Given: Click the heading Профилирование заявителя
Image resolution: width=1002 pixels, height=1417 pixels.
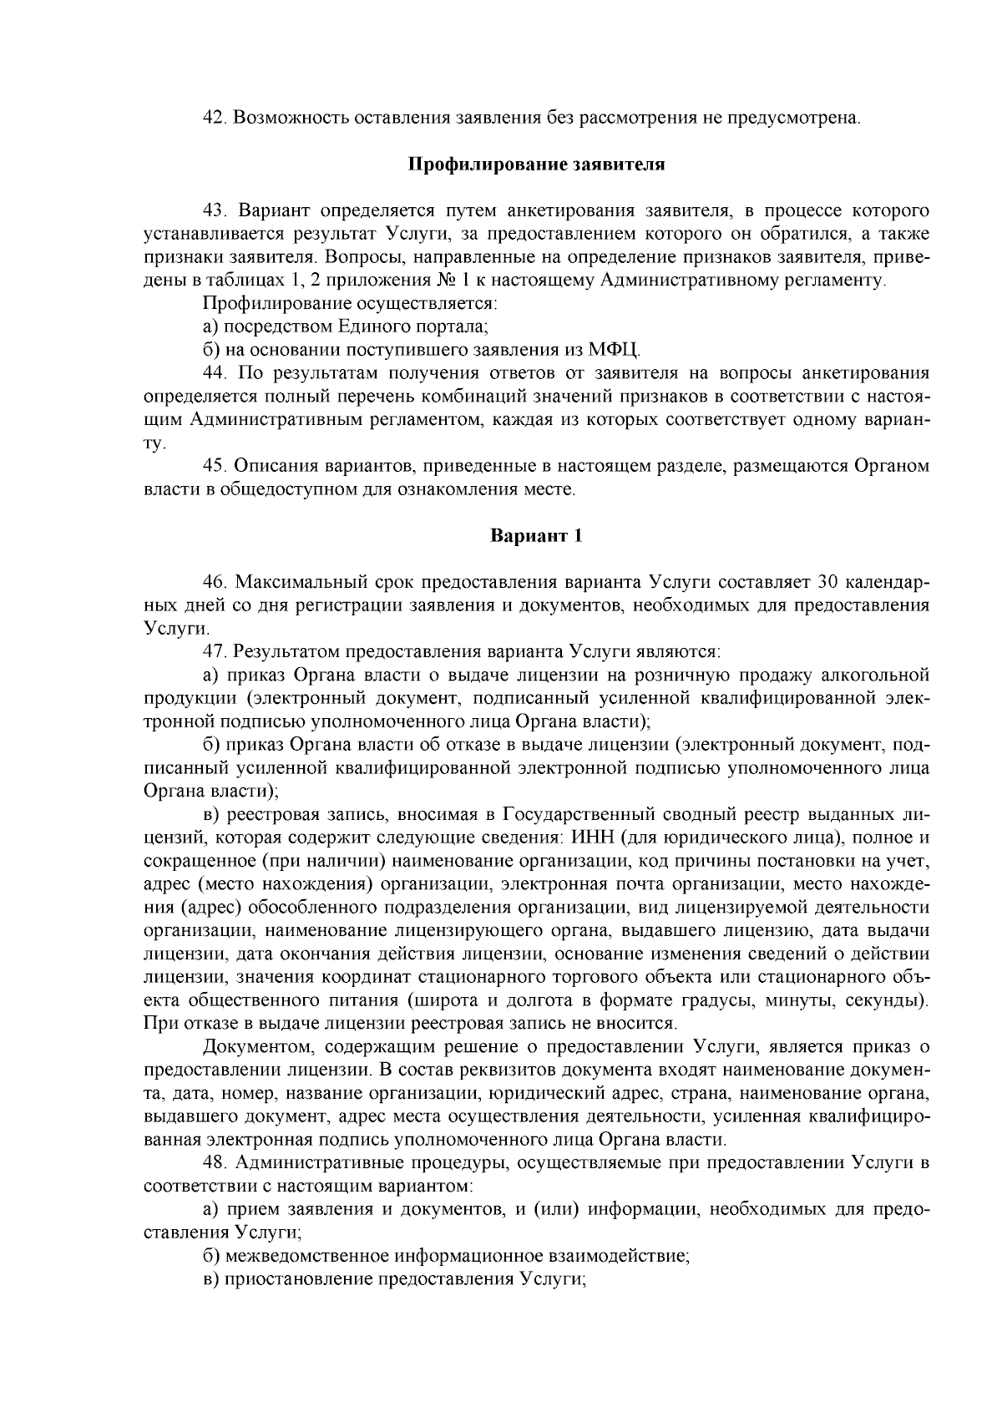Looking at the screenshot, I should pyautogui.click(x=535, y=164).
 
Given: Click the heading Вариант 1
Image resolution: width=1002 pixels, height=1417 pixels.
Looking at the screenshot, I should pyautogui.click(x=535, y=536).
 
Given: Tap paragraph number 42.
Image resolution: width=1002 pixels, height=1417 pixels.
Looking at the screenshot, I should pyautogui.click(x=215, y=118).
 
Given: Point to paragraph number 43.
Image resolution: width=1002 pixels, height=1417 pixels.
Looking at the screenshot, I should pyautogui.click(x=215, y=210).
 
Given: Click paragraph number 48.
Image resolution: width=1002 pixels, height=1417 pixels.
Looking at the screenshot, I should pyautogui.click(x=215, y=1163).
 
